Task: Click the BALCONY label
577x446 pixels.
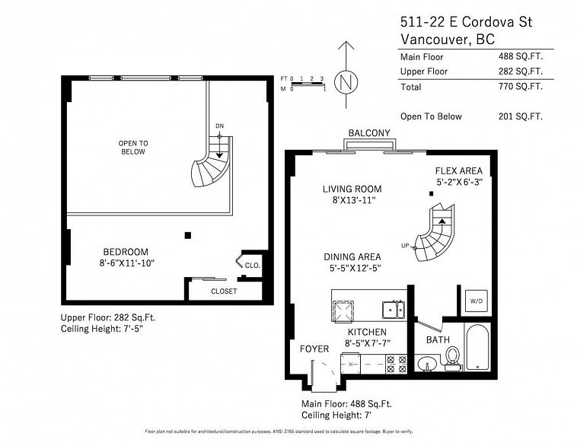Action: [x=369, y=133]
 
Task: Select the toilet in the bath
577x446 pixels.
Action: [x=453, y=357]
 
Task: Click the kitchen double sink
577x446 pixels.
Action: [x=394, y=308]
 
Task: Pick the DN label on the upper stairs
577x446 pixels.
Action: [x=220, y=126]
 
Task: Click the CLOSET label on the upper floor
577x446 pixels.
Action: [x=224, y=291]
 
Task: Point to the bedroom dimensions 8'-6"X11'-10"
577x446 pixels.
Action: [x=126, y=264]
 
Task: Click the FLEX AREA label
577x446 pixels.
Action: [x=459, y=170]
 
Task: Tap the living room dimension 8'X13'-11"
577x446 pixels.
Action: [x=351, y=201]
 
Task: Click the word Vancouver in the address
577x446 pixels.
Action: [x=432, y=39]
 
